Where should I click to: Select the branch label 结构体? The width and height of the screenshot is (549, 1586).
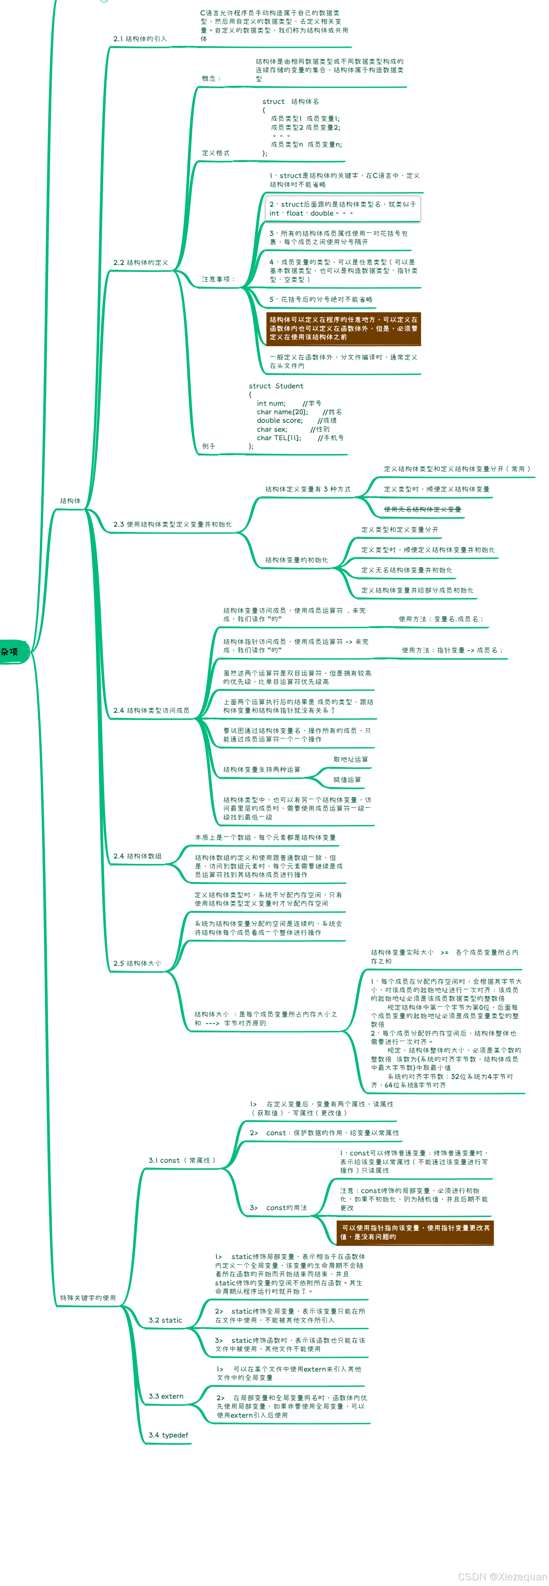[x=70, y=500]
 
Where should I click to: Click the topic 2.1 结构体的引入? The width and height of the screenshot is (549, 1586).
[x=140, y=39]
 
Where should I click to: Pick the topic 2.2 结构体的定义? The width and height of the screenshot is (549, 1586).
[x=140, y=262]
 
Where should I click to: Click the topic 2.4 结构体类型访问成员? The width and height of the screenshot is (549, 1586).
[x=151, y=710]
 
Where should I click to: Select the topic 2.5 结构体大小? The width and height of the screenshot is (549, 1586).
[x=137, y=963]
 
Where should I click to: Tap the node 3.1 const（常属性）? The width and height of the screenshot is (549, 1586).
[x=182, y=1160]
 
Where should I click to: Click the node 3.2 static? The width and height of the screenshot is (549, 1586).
[x=165, y=1320]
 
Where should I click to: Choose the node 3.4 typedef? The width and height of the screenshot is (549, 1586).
[x=168, y=1435]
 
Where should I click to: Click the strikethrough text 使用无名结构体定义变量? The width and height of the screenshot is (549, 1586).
[x=422, y=509]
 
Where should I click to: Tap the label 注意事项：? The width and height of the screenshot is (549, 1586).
[x=218, y=279]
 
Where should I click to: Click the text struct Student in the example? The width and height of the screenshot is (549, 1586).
[x=276, y=386]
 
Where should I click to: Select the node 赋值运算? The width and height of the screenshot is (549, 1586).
[x=347, y=780]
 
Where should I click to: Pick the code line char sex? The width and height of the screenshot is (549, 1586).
[x=272, y=429]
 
